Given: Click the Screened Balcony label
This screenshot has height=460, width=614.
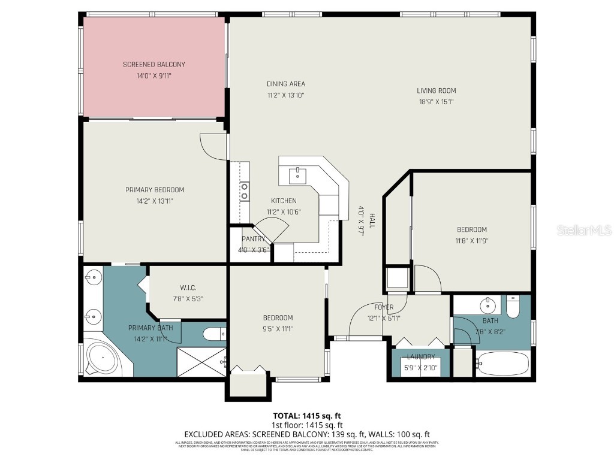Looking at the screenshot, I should coord(154,65).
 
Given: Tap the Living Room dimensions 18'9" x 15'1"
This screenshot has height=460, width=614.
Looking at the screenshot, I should coord(437,102).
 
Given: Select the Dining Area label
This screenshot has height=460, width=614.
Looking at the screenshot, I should coord(286,84).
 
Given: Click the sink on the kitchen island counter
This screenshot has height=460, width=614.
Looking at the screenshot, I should coord(298,175).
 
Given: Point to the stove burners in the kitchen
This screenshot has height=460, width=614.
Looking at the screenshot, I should coord(245,191).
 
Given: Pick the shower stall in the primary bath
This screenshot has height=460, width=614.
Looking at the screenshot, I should coord(201,361).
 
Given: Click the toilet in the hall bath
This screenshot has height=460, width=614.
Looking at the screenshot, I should coord(513,307).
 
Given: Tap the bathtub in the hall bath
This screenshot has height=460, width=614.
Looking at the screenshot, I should coord(502,364).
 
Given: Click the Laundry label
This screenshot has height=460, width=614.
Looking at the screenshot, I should coord(420,357).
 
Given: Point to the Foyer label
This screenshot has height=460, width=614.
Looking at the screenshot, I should coord(384,307).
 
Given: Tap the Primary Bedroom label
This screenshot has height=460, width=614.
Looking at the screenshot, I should coord(155,190).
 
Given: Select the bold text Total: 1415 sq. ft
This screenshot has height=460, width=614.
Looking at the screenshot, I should coord(307,415).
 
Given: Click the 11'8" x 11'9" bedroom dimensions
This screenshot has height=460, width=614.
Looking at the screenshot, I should coord(472,240).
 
